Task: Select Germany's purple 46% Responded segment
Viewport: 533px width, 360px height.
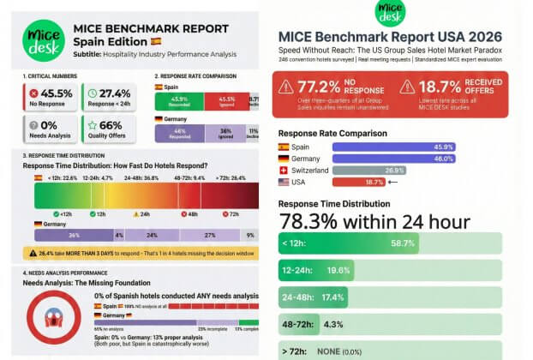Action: (179, 133)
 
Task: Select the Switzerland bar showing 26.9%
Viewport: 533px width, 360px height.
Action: (368, 170)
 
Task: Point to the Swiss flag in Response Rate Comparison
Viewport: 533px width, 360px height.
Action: (284, 170)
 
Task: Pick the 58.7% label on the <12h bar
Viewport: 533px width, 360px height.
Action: (403, 243)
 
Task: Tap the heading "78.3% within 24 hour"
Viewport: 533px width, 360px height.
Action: (374, 221)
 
